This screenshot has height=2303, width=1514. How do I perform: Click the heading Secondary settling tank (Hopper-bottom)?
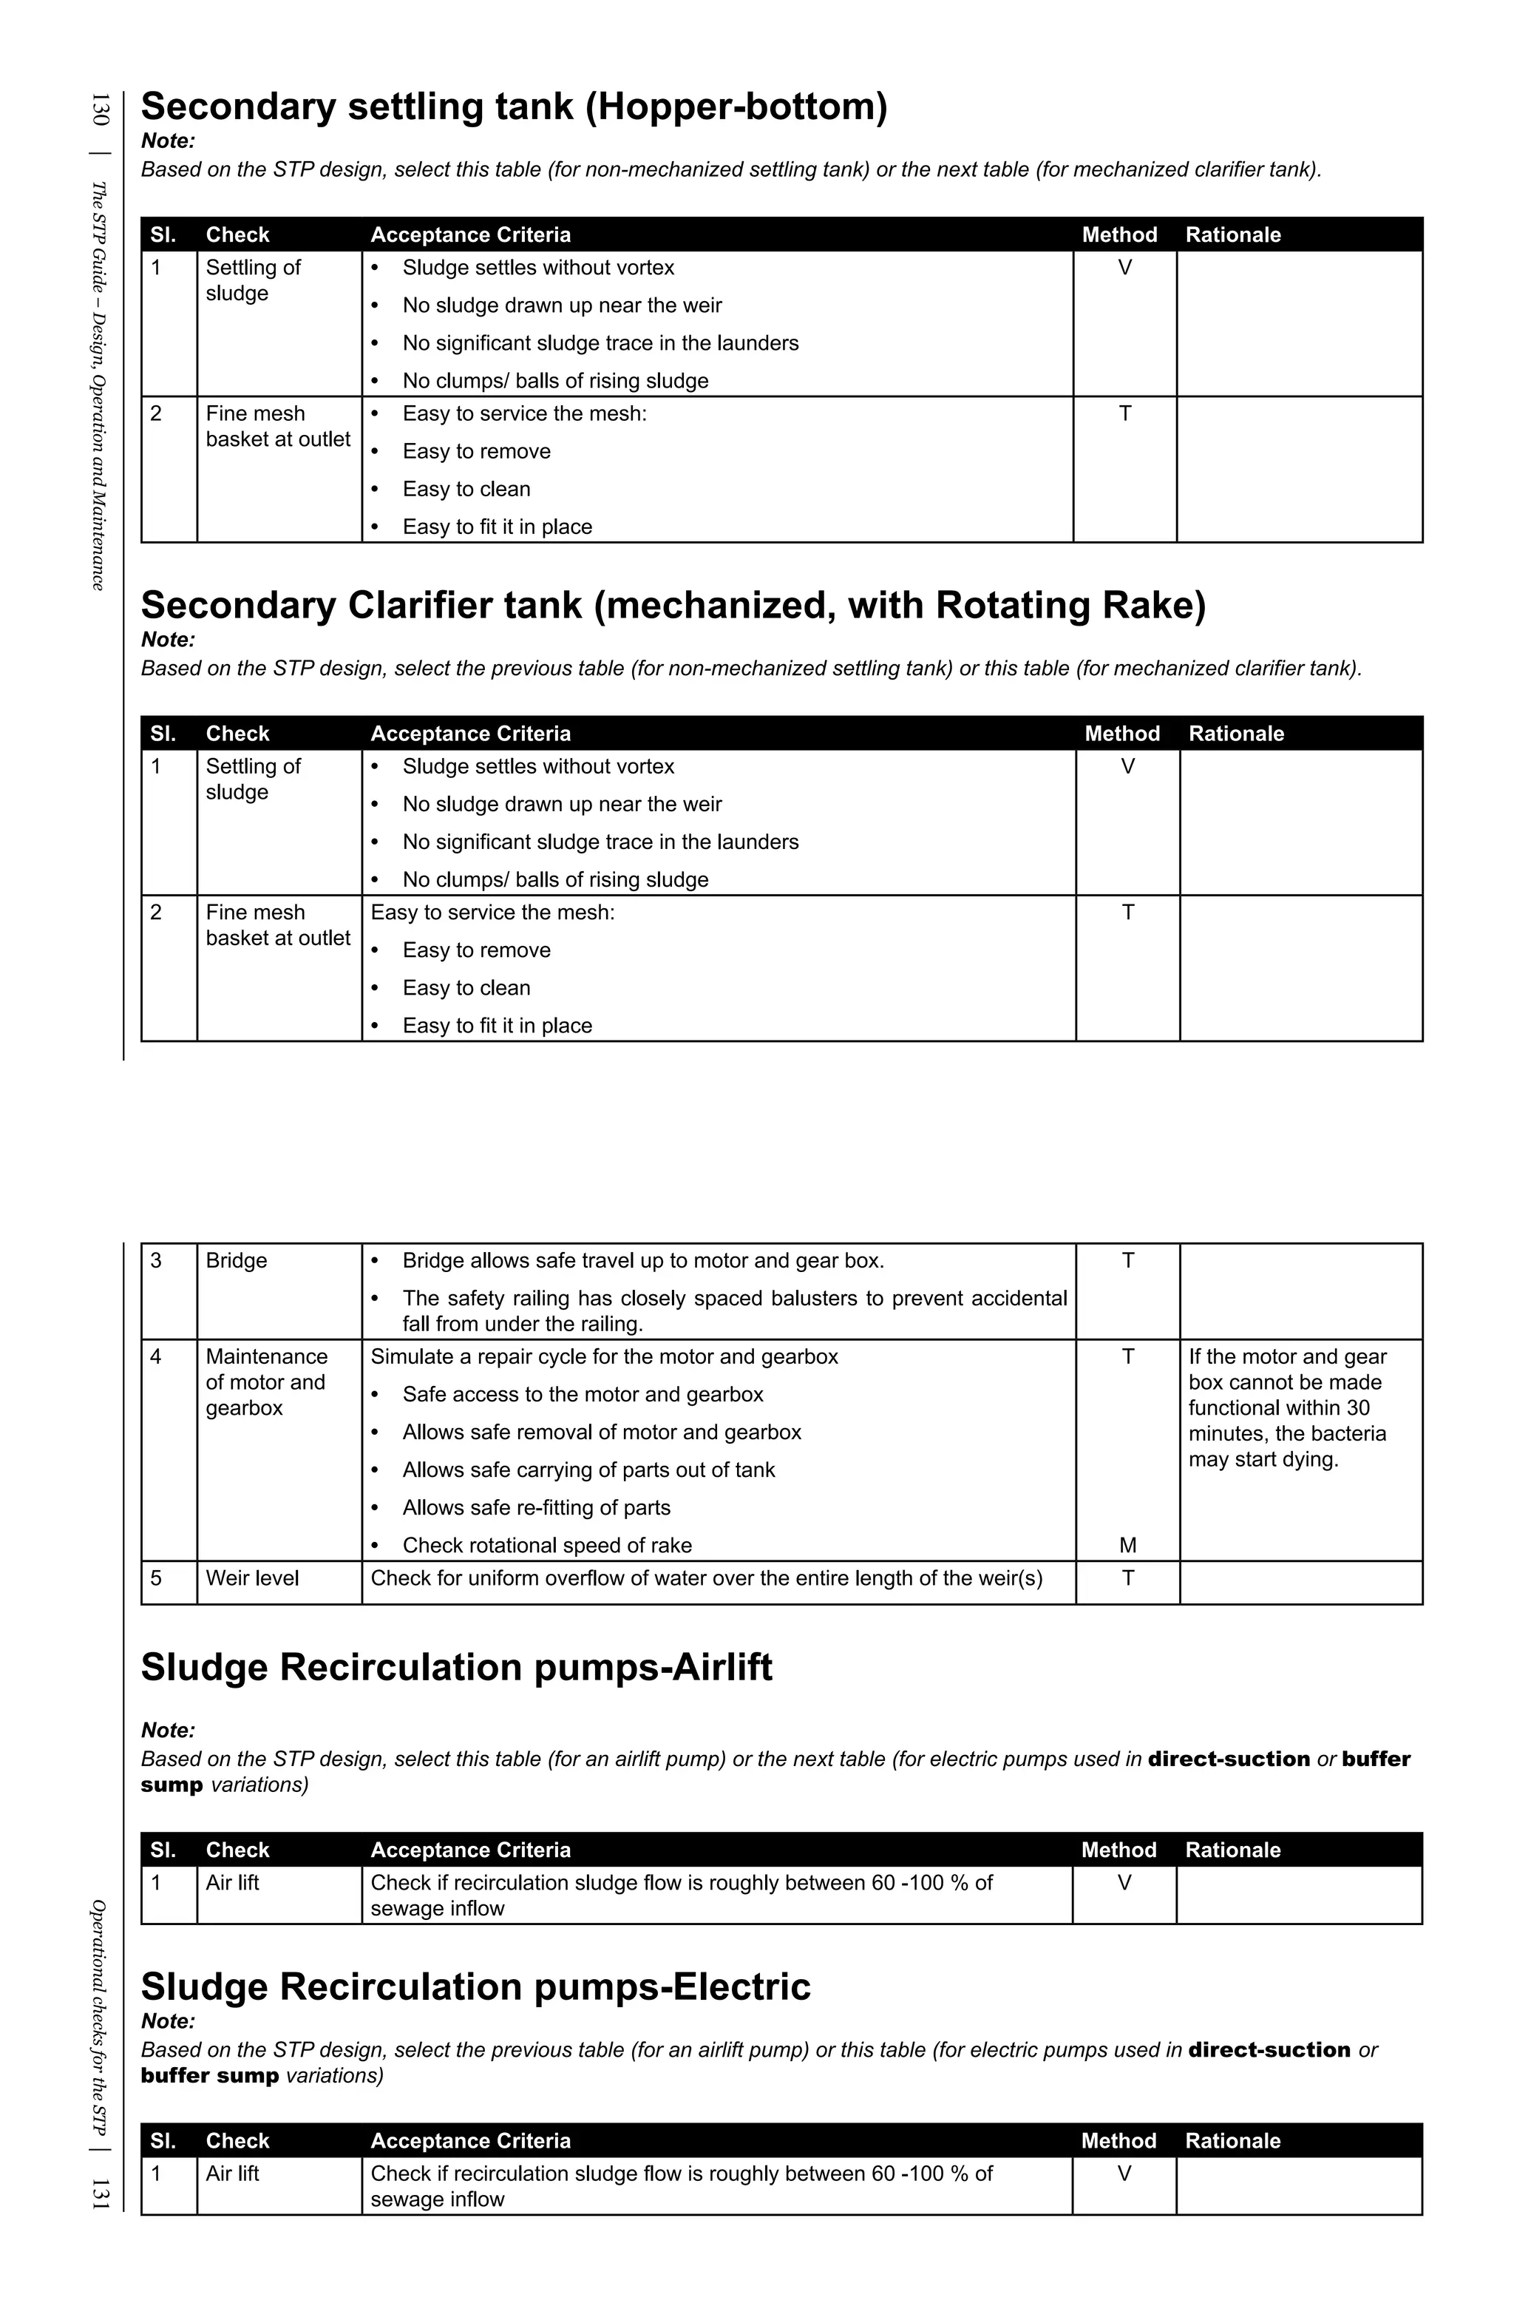click(514, 106)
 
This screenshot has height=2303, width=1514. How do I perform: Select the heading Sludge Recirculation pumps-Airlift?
click(457, 1667)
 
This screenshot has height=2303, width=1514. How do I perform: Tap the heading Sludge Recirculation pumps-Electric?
click(476, 1986)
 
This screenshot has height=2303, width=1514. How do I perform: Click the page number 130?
click(100, 109)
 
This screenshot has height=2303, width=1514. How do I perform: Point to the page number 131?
click(100, 2193)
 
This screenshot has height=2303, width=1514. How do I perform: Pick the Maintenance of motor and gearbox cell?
click(266, 1382)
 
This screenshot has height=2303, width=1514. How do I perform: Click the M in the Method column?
click(1127, 1546)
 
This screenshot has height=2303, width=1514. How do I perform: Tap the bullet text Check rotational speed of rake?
click(546, 1546)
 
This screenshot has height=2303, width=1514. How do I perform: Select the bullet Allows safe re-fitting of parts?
click(536, 1507)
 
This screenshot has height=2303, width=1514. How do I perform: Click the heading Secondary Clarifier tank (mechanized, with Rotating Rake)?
click(673, 606)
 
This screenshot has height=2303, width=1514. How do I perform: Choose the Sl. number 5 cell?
click(157, 1578)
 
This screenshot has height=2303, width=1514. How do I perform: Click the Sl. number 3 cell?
click(157, 1261)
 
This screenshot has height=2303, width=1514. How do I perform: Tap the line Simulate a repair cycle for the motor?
click(604, 1356)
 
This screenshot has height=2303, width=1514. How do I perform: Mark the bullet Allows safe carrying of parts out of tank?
click(588, 1470)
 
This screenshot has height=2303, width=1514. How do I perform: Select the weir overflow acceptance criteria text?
click(706, 1578)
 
